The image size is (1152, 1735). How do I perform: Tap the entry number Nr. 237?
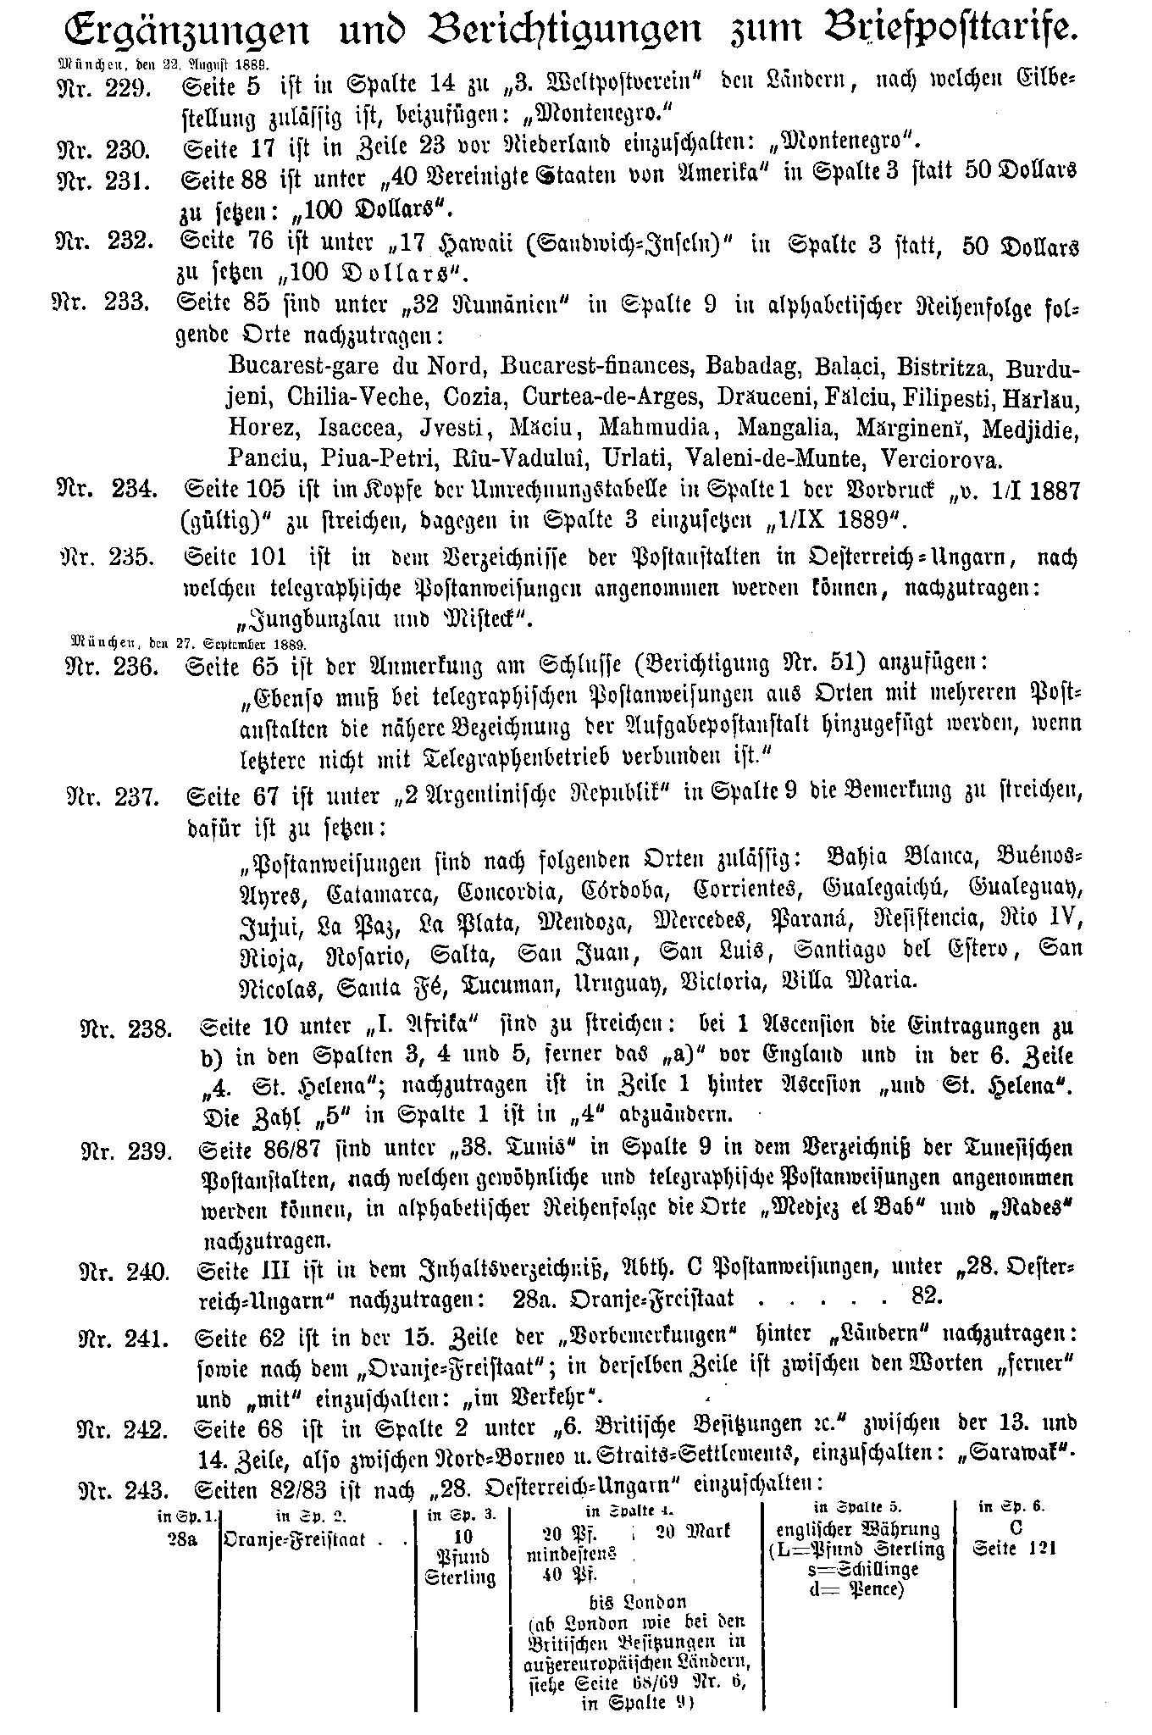pos(113,797)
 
